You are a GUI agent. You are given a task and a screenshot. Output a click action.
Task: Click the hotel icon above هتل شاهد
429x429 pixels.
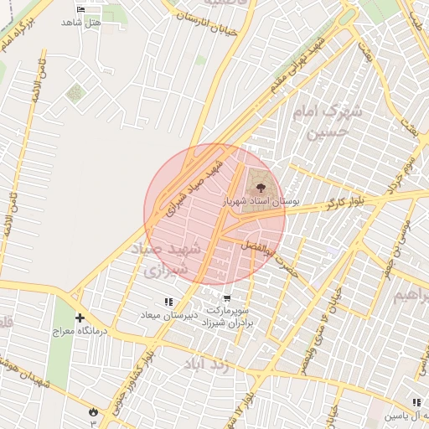pyautogui.click(x=80, y=9)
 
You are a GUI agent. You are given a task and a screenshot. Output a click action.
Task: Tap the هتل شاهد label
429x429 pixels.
pyautogui.click(x=80, y=22)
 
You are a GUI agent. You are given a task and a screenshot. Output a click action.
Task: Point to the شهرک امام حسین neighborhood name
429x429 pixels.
pyautogui.click(x=332, y=121)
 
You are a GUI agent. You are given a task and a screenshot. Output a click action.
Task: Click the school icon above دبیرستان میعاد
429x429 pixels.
pyautogui.click(x=168, y=301)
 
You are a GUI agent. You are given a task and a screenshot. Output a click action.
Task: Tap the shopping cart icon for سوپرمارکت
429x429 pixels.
pyautogui.click(x=227, y=298)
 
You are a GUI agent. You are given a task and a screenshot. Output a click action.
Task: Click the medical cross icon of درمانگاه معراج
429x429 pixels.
pyautogui.click(x=80, y=318)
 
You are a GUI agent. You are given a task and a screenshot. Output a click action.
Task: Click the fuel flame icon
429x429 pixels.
pyautogui.click(x=91, y=411)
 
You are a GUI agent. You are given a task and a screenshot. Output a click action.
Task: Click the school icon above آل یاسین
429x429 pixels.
pyautogui.click(x=416, y=403)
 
